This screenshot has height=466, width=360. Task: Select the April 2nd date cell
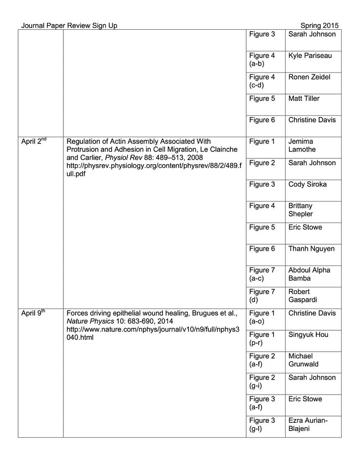click(34, 142)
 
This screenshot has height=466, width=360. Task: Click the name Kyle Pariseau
click(310, 56)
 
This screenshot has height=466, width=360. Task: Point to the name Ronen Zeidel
click(309, 77)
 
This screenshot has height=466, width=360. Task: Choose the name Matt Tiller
click(304, 99)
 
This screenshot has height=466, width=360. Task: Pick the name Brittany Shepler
click(301, 210)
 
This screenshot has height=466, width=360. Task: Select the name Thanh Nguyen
click(312, 249)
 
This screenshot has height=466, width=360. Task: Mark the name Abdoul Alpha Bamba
click(309, 275)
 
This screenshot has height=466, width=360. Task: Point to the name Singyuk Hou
click(308, 335)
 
